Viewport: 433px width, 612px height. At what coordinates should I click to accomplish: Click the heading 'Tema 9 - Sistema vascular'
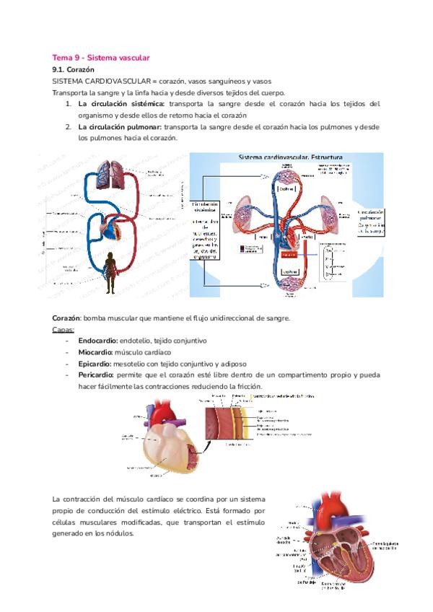coord(100,57)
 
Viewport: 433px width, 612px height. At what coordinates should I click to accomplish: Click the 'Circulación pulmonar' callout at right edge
coord(376,222)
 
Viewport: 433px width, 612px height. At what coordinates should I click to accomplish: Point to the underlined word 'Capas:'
coord(63,329)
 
